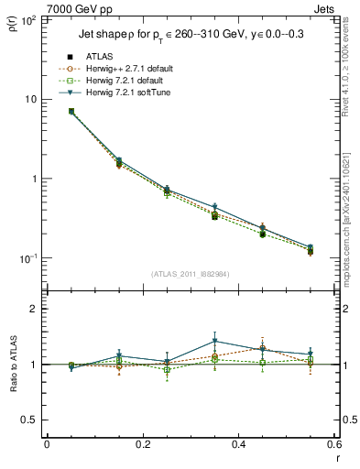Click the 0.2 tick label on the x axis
[x=142, y=444]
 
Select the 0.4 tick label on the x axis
[x=238, y=444]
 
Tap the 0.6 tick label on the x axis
[x=333, y=444]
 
